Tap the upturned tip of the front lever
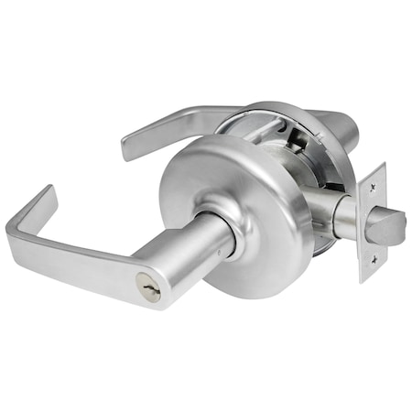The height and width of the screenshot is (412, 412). [46, 194]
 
